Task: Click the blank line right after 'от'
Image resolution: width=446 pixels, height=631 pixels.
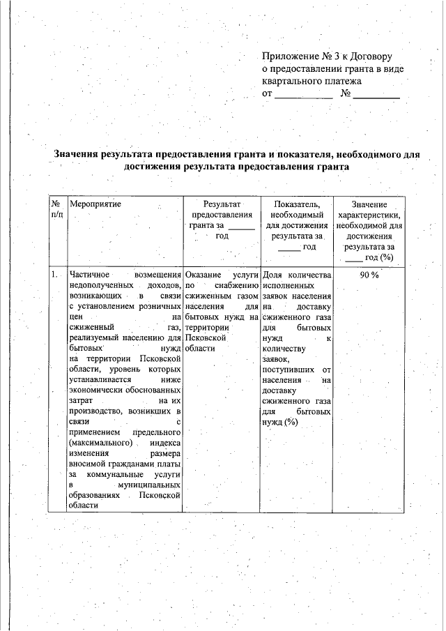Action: pos(304,94)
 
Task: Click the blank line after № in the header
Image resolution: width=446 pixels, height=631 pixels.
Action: pos(376,94)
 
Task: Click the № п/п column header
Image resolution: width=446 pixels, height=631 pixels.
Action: pos(56,210)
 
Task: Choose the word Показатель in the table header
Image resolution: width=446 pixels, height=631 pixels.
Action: pos(297,204)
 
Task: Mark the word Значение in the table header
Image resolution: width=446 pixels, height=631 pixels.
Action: pos(369,204)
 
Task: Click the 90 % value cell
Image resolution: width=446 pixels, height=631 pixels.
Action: pos(369,275)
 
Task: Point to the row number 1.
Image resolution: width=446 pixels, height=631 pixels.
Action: pos(54,275)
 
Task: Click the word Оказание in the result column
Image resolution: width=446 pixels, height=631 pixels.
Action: pos(203,275)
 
